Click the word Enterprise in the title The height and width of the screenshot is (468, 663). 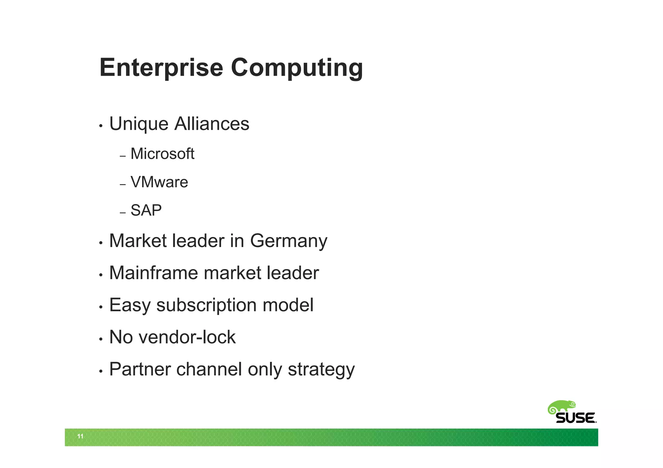161,68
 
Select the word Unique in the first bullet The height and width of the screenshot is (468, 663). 139,124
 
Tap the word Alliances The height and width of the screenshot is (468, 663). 212,124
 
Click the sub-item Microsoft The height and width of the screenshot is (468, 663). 162,154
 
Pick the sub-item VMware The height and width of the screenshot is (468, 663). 159,182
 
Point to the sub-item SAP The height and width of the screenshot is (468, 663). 146,211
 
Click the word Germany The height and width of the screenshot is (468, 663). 289,241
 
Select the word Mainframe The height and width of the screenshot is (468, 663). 153,273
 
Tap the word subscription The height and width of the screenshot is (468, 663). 207,305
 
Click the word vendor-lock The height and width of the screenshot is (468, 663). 187,337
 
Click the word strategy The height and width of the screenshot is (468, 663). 321,370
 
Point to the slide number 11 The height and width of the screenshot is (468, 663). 80,436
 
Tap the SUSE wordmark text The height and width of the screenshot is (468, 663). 576,418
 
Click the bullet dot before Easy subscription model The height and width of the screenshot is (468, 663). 101,307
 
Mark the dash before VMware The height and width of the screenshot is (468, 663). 122,185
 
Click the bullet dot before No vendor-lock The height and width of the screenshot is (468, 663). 101,339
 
